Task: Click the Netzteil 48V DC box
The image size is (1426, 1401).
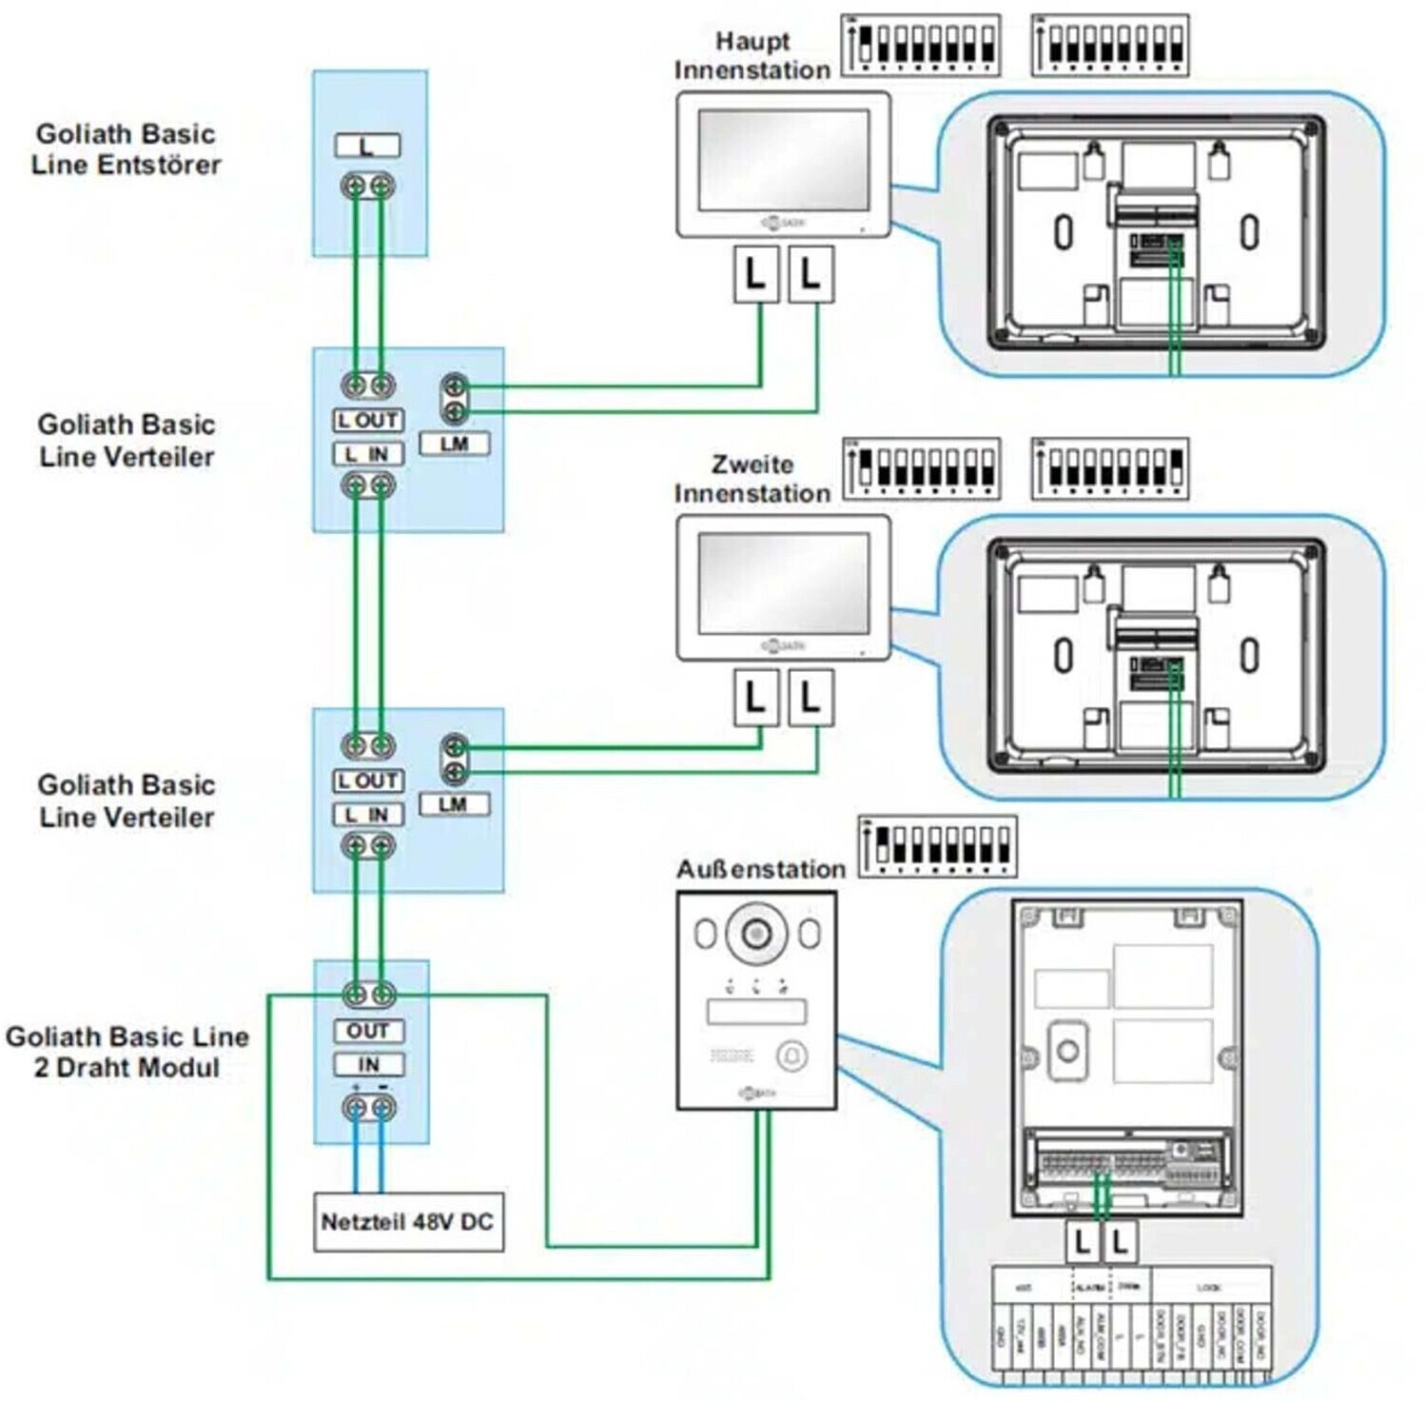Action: tap(408, 1221)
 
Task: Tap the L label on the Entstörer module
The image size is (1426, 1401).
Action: tap(367, 146)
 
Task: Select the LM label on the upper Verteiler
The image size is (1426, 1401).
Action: tap(455, 444)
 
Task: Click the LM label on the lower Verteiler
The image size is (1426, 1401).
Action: tap(453, 804)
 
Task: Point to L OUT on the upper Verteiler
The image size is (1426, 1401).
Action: tap(368, 420)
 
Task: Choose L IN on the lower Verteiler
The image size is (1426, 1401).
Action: tap(368, 815)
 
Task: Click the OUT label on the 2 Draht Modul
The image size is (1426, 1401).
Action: tap(368, 1031)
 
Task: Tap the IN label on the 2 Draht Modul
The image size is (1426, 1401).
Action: tap(368, 1064)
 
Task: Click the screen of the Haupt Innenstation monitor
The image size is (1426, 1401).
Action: tap(783, 160)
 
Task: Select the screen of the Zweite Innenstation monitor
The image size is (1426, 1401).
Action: tap(783, 583)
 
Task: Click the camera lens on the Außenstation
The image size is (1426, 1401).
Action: tap(756, 933)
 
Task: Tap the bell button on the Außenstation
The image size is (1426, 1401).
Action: tap(792, 1056)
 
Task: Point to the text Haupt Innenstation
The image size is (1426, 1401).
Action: tap(752, 55)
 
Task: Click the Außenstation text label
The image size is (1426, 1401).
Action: tap(760, 869)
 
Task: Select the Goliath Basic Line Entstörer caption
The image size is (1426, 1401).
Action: tap(126, 148)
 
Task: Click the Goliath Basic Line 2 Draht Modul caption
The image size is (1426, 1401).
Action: tap(127, 1051)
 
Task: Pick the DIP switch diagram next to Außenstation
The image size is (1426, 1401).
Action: tap(937, 846)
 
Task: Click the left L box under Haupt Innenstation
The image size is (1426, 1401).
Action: tap(755, 275)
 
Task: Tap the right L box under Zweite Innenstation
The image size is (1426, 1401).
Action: tap(811, 698)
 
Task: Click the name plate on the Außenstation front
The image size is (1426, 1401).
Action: tap(756, 1011)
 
